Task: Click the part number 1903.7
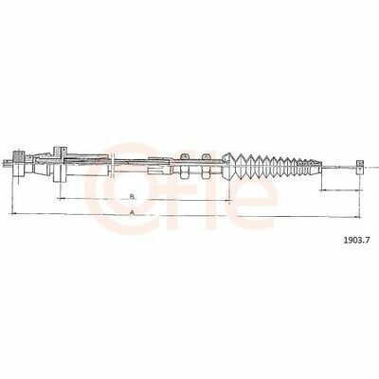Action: pos(356,241)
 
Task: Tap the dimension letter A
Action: pos(133,212)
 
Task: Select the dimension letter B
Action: pos(133,196)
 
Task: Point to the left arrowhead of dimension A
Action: pos(14,214)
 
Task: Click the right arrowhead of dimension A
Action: pos(357,217)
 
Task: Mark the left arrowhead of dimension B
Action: pos(62,198)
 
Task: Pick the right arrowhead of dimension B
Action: pos(226,200)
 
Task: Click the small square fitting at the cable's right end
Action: pos(360,167)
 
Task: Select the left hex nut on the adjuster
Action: pos(185,166)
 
